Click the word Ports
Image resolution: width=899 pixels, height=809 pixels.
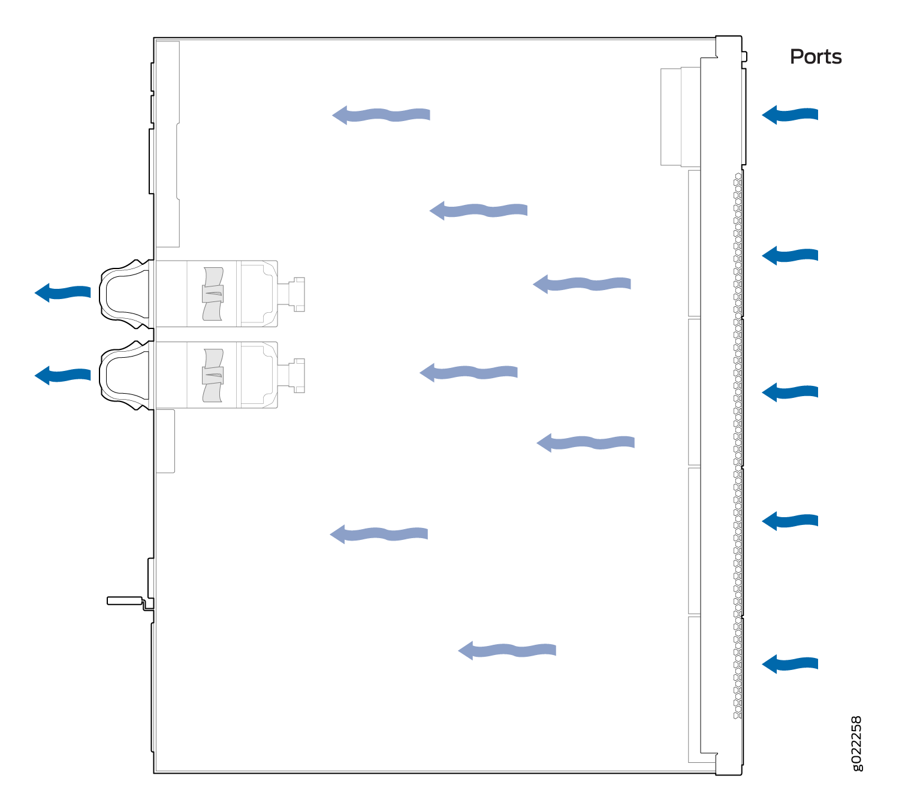click(x=816, y=57)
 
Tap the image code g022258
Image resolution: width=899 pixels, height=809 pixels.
click(x=856, y=744)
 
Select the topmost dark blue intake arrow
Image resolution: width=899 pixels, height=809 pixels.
click(x=790, y=114)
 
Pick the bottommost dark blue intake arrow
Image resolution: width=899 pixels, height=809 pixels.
click(x=790, y=664)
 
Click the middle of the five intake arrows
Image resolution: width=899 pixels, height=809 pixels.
click(x=790, y=392)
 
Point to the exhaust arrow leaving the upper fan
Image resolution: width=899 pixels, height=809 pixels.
click(x=63, y=292)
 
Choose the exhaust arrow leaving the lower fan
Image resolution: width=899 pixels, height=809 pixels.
click(x=63, y=375)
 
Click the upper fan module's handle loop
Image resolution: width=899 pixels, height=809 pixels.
click(x=124, y=294)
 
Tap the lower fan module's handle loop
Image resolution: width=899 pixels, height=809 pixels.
click(x=124, y=375)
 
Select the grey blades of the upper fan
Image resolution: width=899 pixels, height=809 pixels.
click(x=213, y=294)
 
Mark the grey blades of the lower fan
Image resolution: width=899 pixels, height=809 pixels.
click(x=213, y=375)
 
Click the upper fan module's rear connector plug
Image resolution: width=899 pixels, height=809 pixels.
click(x=292, y=294)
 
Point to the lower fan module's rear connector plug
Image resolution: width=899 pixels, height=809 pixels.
click(x=292, y=376)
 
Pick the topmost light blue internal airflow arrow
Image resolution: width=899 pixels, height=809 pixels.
click(x=381, y=115)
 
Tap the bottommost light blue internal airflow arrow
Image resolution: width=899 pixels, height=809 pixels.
click(x=507, y=650)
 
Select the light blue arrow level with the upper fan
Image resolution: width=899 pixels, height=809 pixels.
click(x=582, y=284)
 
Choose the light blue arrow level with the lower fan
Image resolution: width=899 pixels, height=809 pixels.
click(x=469, y=373)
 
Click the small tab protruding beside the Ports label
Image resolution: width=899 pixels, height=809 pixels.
click(x=744, y=56)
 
